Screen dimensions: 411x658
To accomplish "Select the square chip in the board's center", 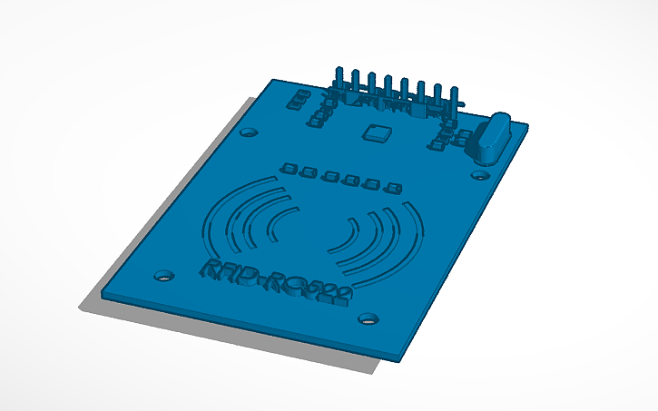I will point(375,132).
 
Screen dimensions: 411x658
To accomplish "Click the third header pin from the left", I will point(371,85).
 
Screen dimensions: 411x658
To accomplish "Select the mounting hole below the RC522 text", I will point(368,318).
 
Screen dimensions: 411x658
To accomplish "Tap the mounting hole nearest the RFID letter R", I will point(163,273).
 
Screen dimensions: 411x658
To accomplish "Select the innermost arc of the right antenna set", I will point(349,238).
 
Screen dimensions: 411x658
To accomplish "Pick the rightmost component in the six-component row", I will point(393,189).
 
